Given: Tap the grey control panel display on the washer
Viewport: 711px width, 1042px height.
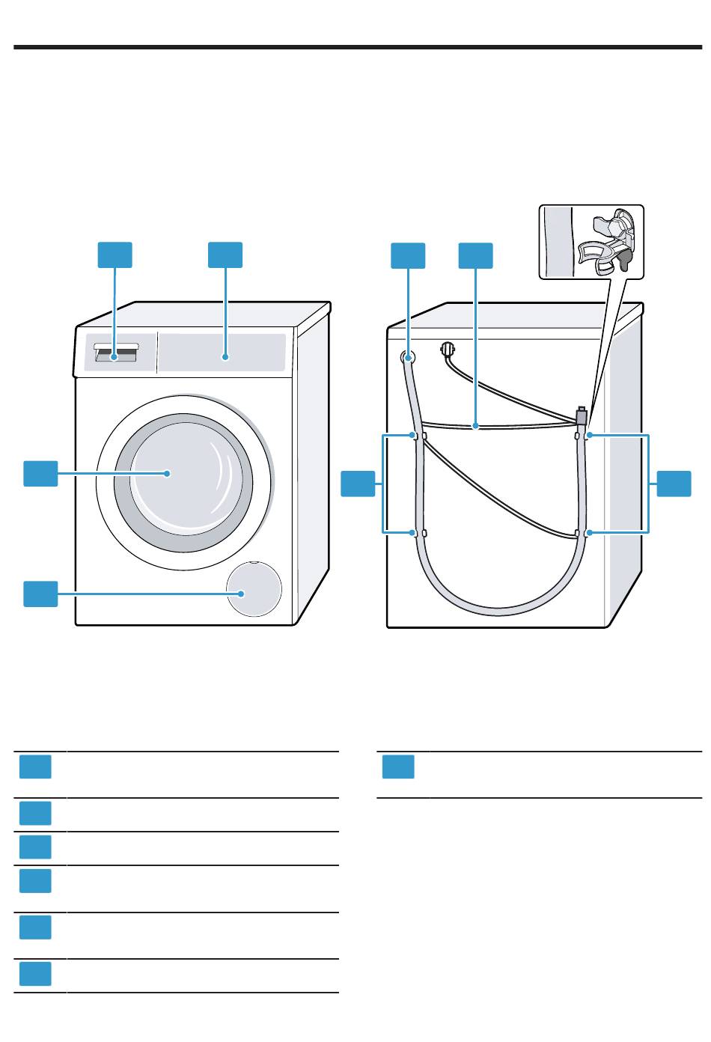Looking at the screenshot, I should click(222, 352).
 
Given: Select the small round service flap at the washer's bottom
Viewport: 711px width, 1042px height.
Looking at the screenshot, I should click(254, 589).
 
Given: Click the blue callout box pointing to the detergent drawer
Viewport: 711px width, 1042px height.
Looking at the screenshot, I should click(115, 255).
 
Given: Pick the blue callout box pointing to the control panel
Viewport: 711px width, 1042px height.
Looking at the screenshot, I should click(225, 255).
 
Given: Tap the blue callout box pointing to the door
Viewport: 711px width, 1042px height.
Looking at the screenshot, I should click(40, 474).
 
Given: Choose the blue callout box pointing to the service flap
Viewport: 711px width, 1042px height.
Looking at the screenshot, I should click(40, 594).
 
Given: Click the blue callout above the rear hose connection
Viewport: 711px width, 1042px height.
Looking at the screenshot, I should click(408, 255).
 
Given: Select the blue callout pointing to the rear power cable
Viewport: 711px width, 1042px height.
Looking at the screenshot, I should click(475, 255).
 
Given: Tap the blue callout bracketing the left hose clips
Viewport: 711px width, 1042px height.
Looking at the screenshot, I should click(358, 484).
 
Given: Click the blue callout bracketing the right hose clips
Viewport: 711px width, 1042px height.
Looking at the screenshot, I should click(674, 484).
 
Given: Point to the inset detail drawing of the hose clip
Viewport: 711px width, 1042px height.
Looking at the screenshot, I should click(591, 243).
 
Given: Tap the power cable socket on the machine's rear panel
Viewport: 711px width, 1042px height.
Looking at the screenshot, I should click(448, 348).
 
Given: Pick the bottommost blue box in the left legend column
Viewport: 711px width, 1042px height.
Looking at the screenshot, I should click(35, 974).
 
